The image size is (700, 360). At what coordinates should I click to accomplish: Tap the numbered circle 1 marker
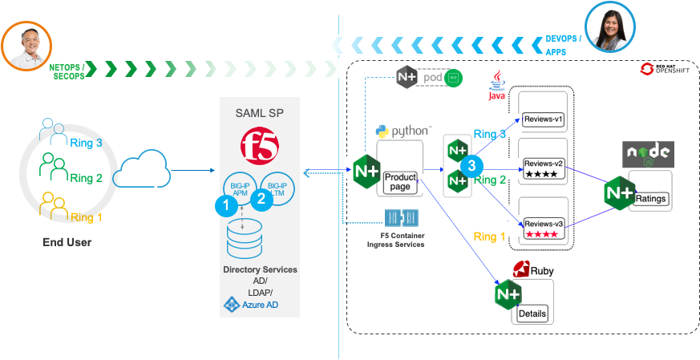(227, 205)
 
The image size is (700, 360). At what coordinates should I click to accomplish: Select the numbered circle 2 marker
(261, 200)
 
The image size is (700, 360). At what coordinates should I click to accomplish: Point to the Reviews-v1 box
(544, 119)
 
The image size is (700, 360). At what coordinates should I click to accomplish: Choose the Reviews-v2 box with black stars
(544, 168)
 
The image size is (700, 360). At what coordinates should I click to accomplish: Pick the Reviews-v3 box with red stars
(544, 228)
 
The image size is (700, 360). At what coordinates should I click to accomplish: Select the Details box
(532, 312)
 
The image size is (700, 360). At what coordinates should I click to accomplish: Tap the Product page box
(400, 182)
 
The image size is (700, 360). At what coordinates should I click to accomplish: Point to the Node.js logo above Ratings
(649, 154)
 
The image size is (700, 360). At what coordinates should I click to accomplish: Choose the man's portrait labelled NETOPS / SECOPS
(26, 46)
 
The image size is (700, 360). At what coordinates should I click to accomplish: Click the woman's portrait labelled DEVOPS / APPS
(611, 26)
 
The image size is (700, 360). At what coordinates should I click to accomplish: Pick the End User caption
(67, 242)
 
